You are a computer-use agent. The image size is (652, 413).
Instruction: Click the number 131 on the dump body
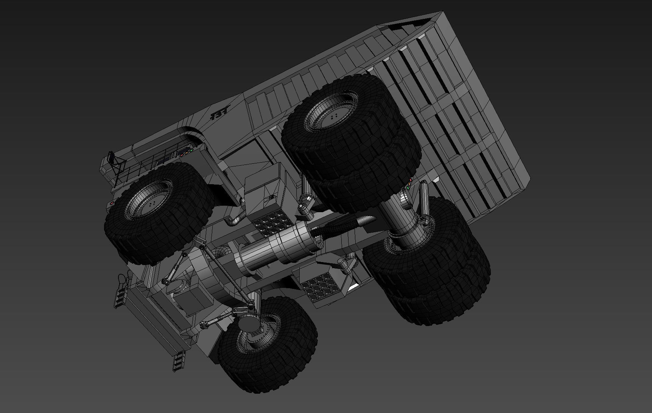point(219,115)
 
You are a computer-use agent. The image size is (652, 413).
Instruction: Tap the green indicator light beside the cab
point(191,150)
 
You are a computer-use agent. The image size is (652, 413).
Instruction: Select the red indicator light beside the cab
point(182,155)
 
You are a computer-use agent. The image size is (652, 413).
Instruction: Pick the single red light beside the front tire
point(112,203)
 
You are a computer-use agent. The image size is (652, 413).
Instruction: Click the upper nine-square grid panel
point(272,224)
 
